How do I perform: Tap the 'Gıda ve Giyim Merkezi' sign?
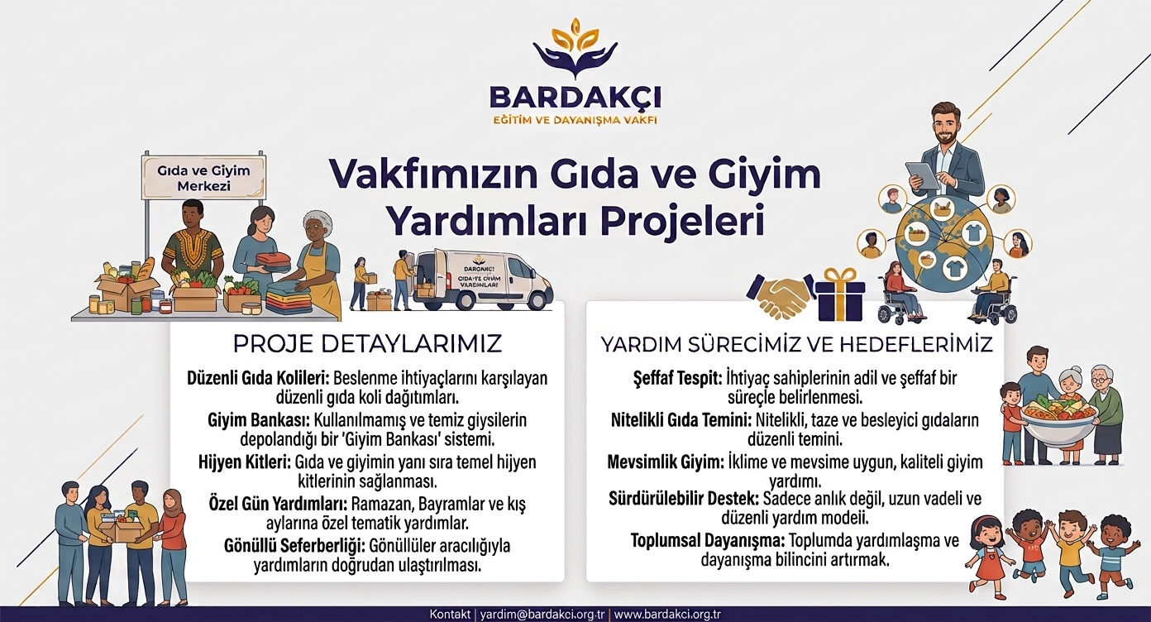click(x=203, y=177)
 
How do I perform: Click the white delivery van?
click(x=482, y=279)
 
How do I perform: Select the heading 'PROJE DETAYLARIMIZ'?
click(x=367, y=344)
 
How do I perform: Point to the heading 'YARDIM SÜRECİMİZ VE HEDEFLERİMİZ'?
click(x=796, y=344)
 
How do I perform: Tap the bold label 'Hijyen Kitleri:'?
click(x=245, y=462)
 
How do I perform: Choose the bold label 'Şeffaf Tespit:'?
click(x=677, y=378)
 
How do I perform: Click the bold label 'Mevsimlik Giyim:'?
click(x=666, y=462)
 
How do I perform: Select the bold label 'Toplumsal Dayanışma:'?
click(x=708, y=541)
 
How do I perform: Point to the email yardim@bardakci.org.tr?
click(x=542, y=615)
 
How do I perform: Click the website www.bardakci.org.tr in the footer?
click(x=667, y=615)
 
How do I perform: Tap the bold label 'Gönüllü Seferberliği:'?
click(x=294, y=546)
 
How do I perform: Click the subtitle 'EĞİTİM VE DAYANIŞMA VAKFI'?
click(x=575, y=120)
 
